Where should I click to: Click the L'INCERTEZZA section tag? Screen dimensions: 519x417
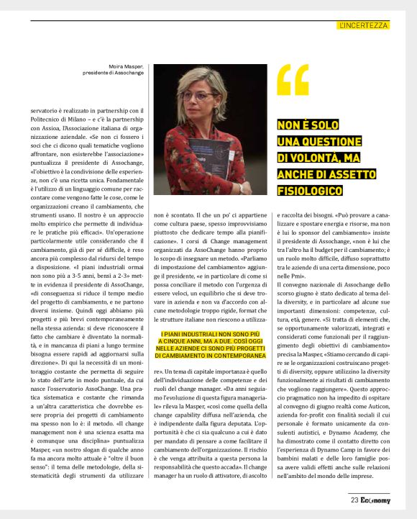362,25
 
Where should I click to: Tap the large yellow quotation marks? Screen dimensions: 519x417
293,80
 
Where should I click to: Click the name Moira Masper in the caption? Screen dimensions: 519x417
126,66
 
